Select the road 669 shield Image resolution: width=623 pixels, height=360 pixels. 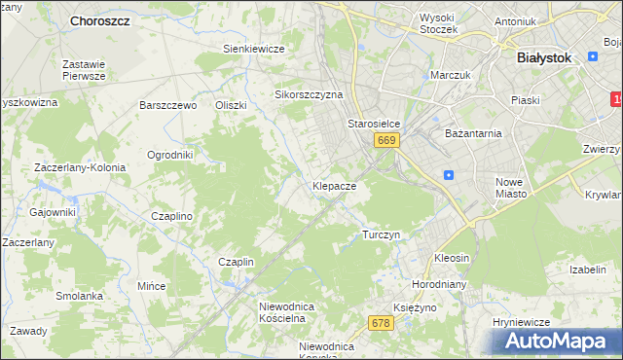tap(386, 141)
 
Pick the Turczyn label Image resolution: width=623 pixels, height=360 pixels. tap(381, 234)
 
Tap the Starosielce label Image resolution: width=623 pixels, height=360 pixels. tap(375, 125)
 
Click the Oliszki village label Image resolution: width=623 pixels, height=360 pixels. tap(232, 105)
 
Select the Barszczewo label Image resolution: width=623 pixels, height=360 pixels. tap(168, 105)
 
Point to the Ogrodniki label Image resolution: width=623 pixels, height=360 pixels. tap(170, 155)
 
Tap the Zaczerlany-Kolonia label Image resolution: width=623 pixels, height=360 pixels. tap(80, 167)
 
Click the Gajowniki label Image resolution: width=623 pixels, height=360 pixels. tap(53, 212)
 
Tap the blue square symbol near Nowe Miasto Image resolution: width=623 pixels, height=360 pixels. tap(448, 175)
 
